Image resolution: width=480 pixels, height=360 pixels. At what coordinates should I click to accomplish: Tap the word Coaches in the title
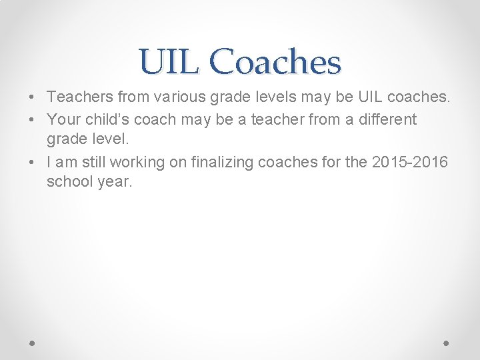pos(274,63)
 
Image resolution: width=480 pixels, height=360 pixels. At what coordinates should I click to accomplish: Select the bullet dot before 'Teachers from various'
pos(33,97)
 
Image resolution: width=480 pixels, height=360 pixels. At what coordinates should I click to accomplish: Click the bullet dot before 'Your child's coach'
pos(33,120)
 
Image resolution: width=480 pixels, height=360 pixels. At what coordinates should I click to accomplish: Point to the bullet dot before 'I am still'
pos(33,162)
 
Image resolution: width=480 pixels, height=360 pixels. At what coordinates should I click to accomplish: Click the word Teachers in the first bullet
pos(80,97)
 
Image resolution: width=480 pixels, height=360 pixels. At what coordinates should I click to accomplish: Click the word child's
pos(103,120)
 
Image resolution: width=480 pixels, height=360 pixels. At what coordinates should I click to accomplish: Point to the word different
pos(386,120)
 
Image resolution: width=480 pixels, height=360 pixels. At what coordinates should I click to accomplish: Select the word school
pos(68,181)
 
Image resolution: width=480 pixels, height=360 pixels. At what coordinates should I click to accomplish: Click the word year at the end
pos(114,181)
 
